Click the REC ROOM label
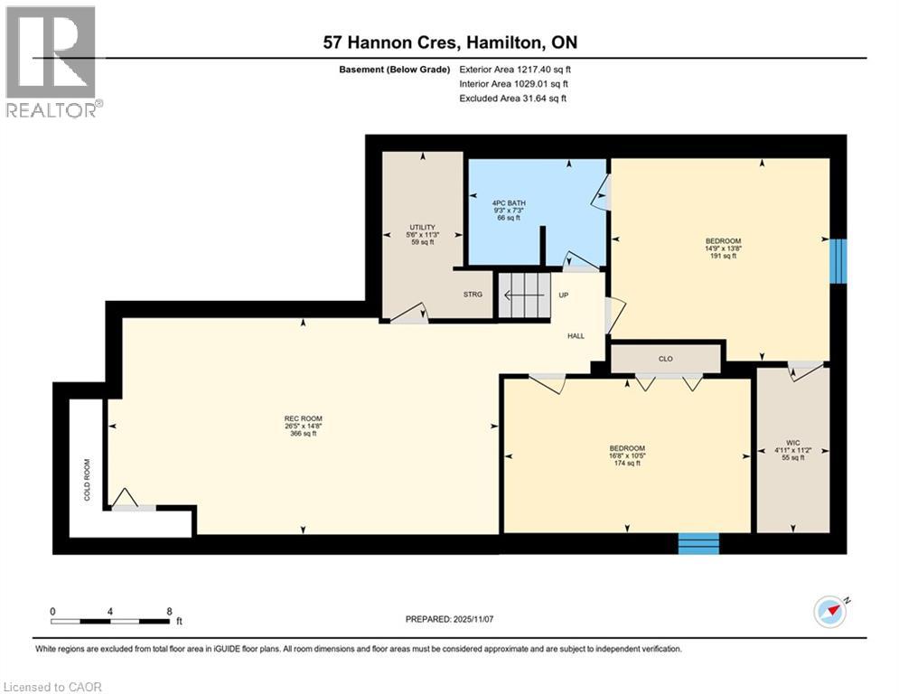click(301, 417)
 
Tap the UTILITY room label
click(423, 227)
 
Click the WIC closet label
click(792, 442)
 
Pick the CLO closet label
click(666, 359)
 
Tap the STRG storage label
click(473, 294)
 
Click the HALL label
click(576, 335)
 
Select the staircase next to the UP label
click(524, 295)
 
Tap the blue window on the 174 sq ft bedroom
click(698, 542)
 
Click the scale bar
click(111, 621)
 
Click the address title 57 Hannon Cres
click(449, 42)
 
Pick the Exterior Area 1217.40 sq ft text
click(516, 69)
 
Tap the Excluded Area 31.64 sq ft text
click(513, 98)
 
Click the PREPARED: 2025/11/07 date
click(449, 619)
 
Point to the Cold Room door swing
click(126, 499)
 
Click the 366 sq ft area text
click(301, 434)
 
